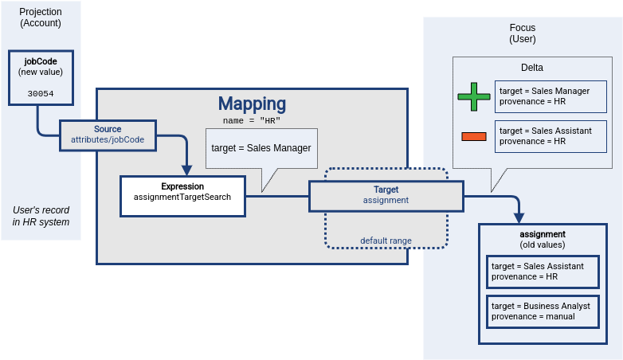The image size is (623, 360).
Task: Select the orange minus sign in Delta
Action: tap(473, 136)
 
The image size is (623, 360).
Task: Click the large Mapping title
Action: tap(252, 104)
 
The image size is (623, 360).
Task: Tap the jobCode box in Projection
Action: tap(41, 77)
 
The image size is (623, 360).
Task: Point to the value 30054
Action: tap(41, 93)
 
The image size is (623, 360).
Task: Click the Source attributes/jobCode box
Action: tap(108, 134)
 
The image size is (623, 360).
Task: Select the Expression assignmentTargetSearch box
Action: tap(182, 196)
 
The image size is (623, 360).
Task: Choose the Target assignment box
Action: tap(386, 195)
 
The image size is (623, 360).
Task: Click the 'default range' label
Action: tap(386, 241)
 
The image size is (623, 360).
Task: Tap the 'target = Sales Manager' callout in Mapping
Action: tap(261, 148)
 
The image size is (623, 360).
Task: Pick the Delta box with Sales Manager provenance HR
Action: tap(550, 96)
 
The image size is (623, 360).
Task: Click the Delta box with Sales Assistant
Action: tap(550, 136)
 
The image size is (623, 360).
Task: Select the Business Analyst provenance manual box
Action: tap(542, 311)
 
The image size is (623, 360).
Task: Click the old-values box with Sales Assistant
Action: tap(542, 272)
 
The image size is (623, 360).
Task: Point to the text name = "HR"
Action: tap(251, 120)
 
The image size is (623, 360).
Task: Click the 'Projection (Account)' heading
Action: tap(41, 17)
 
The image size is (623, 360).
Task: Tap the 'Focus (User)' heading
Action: tap(523, 33)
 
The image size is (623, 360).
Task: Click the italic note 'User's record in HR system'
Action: tap(41, 216)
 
